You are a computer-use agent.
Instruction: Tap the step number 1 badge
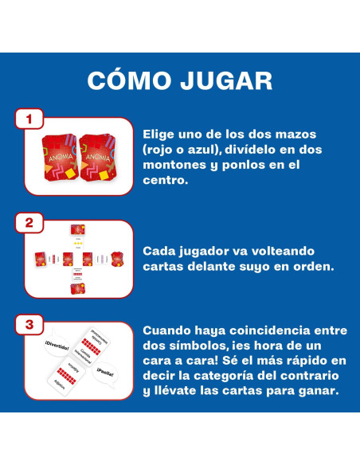[29, 119]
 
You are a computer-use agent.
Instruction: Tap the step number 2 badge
[29, 223]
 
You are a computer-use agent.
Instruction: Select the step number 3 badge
[29, 325]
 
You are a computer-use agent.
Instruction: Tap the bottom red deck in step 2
[78, 287]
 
